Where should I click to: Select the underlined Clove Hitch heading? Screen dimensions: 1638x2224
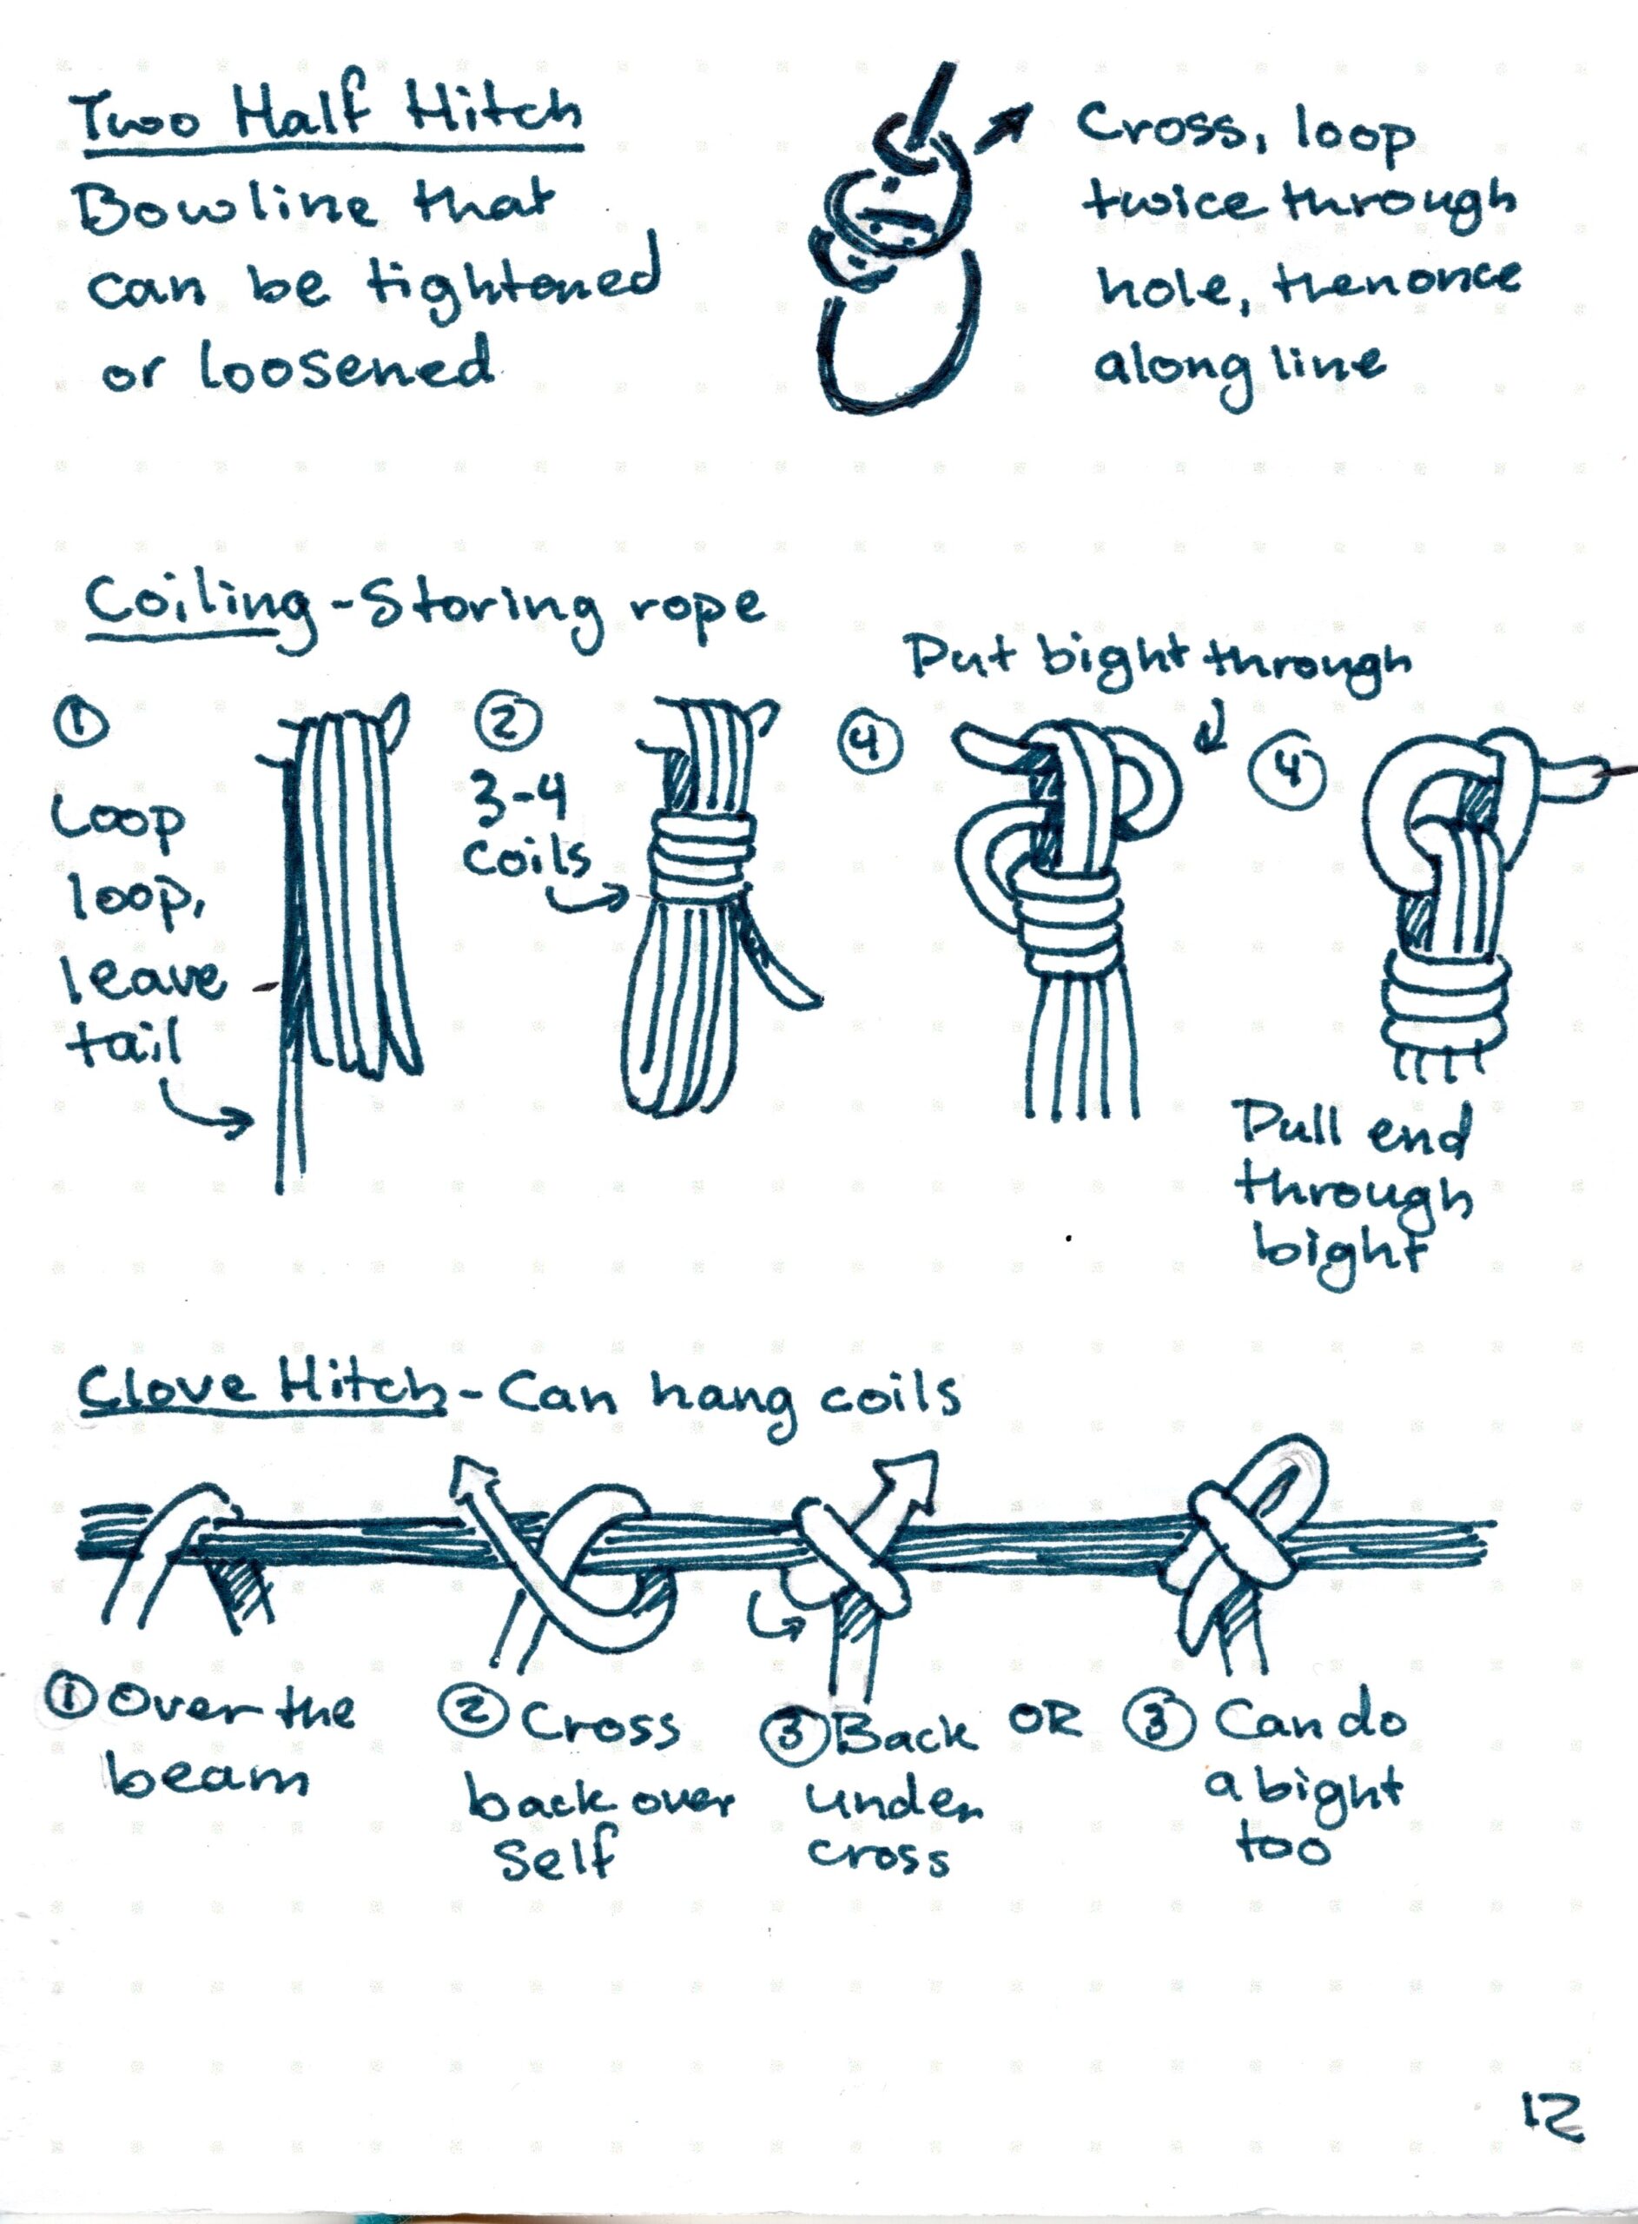coord(261,1388)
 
